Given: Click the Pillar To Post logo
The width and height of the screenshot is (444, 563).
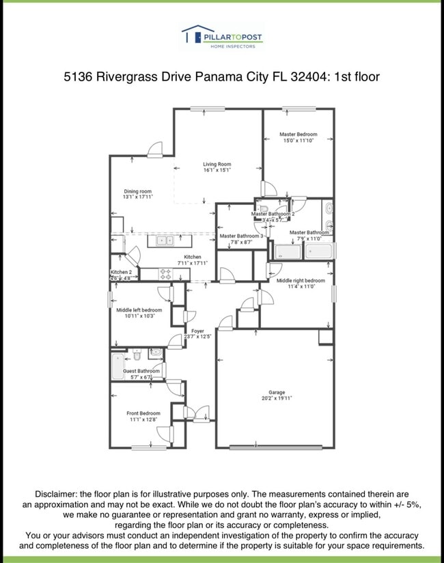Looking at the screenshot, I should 221,37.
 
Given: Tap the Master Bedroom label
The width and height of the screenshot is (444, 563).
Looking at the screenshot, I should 298,135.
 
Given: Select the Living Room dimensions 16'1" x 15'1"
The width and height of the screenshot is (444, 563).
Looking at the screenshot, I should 217,170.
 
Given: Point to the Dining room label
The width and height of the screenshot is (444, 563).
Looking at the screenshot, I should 137,191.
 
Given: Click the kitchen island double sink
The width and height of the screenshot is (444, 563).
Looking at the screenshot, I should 165,241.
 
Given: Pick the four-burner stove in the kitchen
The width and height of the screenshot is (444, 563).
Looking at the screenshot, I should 165,274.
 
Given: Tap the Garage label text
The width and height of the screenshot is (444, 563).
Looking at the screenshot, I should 277,393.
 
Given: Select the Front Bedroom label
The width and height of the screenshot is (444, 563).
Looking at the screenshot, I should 143,413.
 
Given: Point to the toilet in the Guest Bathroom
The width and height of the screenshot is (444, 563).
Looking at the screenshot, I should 137,355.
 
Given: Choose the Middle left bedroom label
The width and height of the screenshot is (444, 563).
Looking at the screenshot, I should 139,310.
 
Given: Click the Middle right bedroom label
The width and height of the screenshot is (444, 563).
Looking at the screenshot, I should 301,281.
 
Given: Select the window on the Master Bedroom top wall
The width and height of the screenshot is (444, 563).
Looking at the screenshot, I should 294,108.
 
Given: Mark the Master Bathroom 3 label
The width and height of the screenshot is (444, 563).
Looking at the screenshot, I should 241,236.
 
